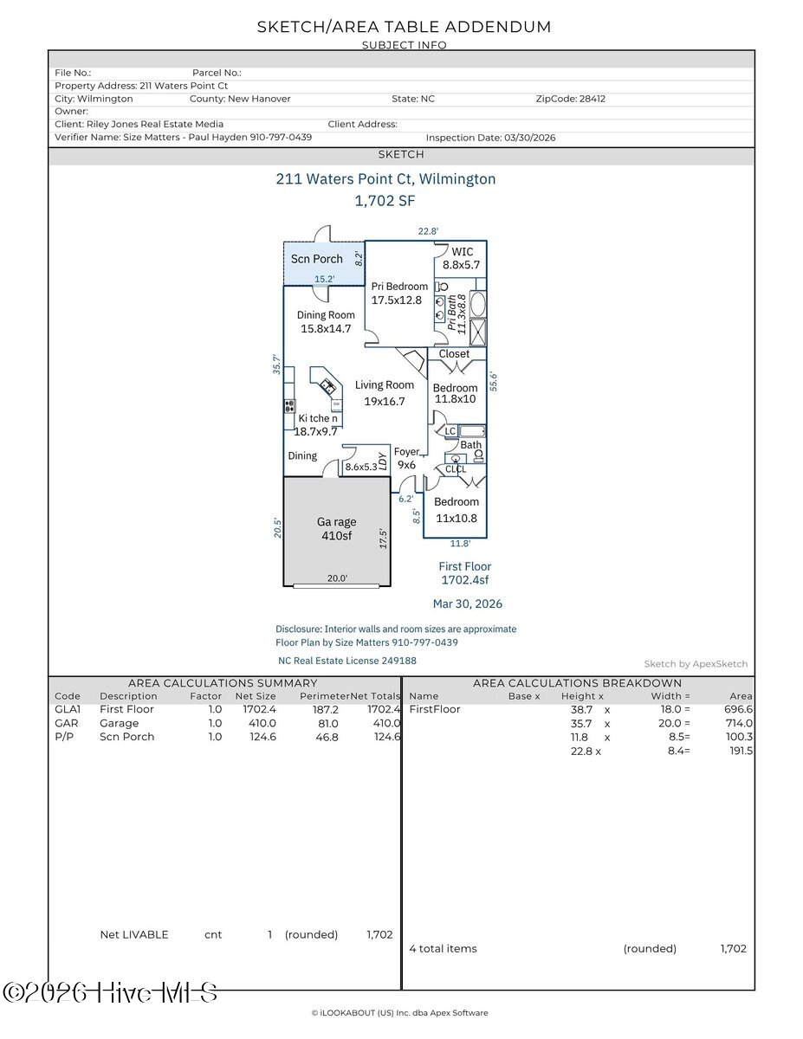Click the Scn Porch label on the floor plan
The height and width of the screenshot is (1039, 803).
[x=316, y=259]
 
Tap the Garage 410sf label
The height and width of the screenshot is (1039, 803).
[x=336, y=528]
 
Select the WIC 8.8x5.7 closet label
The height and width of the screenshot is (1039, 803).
[x=461, y=258]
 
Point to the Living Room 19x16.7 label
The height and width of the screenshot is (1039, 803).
[x=384, y=393]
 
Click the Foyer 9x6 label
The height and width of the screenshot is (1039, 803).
[x=406, y=458]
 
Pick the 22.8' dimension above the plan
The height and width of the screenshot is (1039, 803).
[x=428, y=231]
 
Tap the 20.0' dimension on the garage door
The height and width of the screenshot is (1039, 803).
[x=337, y=578]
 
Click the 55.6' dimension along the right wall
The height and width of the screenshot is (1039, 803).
[x=494, y=382]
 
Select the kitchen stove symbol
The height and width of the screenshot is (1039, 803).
[x=289, y=406]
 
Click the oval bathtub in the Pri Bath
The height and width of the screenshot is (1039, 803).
[x=478, y=303]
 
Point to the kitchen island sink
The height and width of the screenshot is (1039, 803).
[x=328, y=385]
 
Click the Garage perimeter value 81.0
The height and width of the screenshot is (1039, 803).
[x=328, y=724]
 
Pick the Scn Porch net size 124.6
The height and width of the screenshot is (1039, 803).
[x=262, y=737]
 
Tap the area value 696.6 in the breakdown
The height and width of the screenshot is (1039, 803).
[x=738, y=709]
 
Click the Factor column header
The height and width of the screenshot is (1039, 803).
[x=205, y=696]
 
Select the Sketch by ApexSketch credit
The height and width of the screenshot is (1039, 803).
[x=696, y=663]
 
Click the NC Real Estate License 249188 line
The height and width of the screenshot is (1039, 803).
[x=347, y=661]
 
